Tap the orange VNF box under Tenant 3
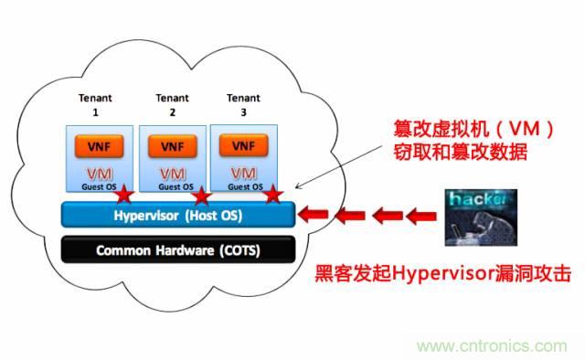(x=243, y=145)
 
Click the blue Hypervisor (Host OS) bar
(x=177, y=214)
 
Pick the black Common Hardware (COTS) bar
(x=177, y=249)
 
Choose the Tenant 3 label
(x=242, y=102)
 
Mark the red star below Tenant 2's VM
(x=202, y=196)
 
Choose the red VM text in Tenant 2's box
(x=171, y=174)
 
